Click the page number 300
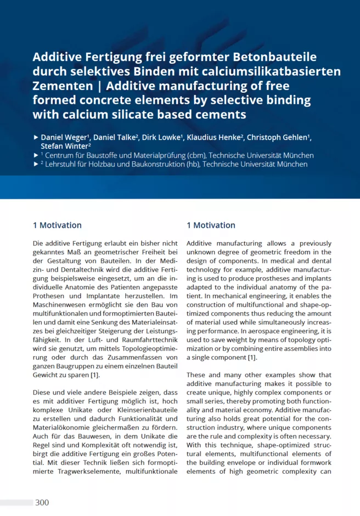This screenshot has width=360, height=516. [x=42, y=502]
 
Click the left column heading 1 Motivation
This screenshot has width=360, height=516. [x=57, y=225]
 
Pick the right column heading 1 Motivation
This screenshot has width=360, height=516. [x=211, y=225]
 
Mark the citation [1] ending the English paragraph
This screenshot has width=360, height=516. [x=252, y=357]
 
